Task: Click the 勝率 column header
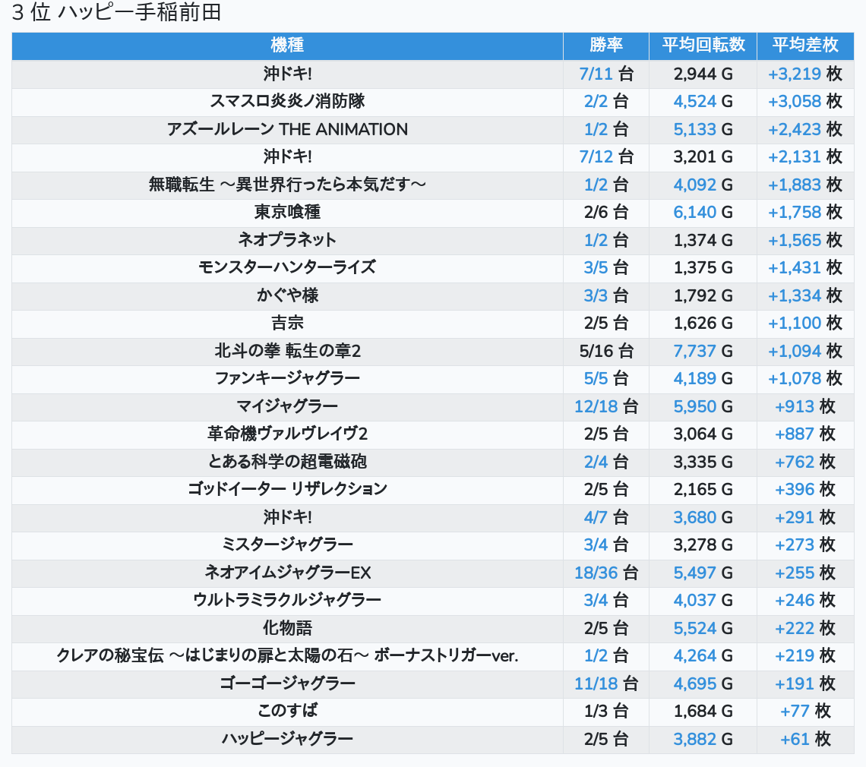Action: pyautogui.click(x=605, y=46)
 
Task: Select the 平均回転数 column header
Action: pyautogui.click(x=703, y=46)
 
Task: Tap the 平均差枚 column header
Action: pyautogui.click(x=804, y=46)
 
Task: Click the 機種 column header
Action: pyautogui.click(x=287, y=46)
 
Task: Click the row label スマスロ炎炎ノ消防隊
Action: pyautogui.click(x=287, y=101)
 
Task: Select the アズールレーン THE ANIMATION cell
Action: pyautogui.click(x=287, y=129)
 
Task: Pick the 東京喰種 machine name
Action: pyautogui.click(x=287, y=212)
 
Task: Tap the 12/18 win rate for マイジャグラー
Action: pyautogui.click(x=596, y=406)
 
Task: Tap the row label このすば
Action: pyautogui.click(x=287, y=711)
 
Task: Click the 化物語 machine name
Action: pyautogui.click(x=287, y=628)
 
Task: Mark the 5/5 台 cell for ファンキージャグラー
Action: pyautogui.click(x=605, y=378)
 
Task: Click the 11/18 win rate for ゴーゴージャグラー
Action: pyautogui.click(x=596, y=683)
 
